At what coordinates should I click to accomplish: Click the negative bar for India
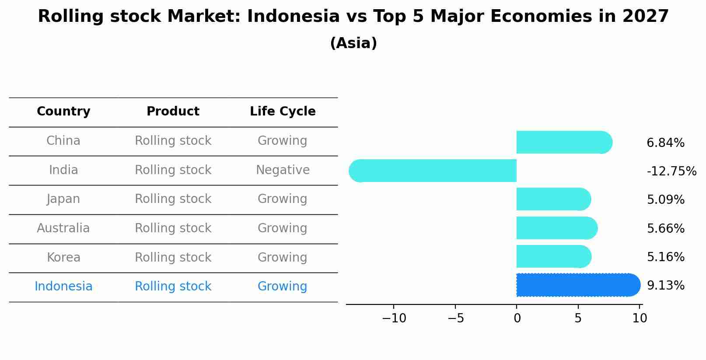(x=433, y=171)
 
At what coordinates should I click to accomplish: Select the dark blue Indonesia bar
(x=577, y=285)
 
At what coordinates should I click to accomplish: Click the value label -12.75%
(x=671, y=171)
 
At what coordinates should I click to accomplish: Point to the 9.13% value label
(x=665, y=286)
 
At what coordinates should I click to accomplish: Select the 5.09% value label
(x=665, y=200)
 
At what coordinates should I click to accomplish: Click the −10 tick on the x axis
(x=394, y=318)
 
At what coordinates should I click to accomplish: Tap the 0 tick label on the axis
(x=517, y=318)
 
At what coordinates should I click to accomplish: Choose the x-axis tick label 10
(x=640, y=318)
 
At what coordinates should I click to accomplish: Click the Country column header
(x=63, y=112)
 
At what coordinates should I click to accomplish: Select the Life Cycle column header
(x=283, y=112)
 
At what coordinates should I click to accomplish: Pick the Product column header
(x=173, y=112)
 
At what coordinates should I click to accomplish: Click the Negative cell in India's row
(x=283, y=170)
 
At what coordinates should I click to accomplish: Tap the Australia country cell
(x=63, y=228)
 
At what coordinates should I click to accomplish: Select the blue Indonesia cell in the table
(x=63, y=287)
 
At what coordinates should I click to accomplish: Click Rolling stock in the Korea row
(x=173, y=258)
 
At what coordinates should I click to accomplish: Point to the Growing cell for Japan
(x=282, y=199)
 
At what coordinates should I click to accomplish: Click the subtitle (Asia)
(x=353, y=43)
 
